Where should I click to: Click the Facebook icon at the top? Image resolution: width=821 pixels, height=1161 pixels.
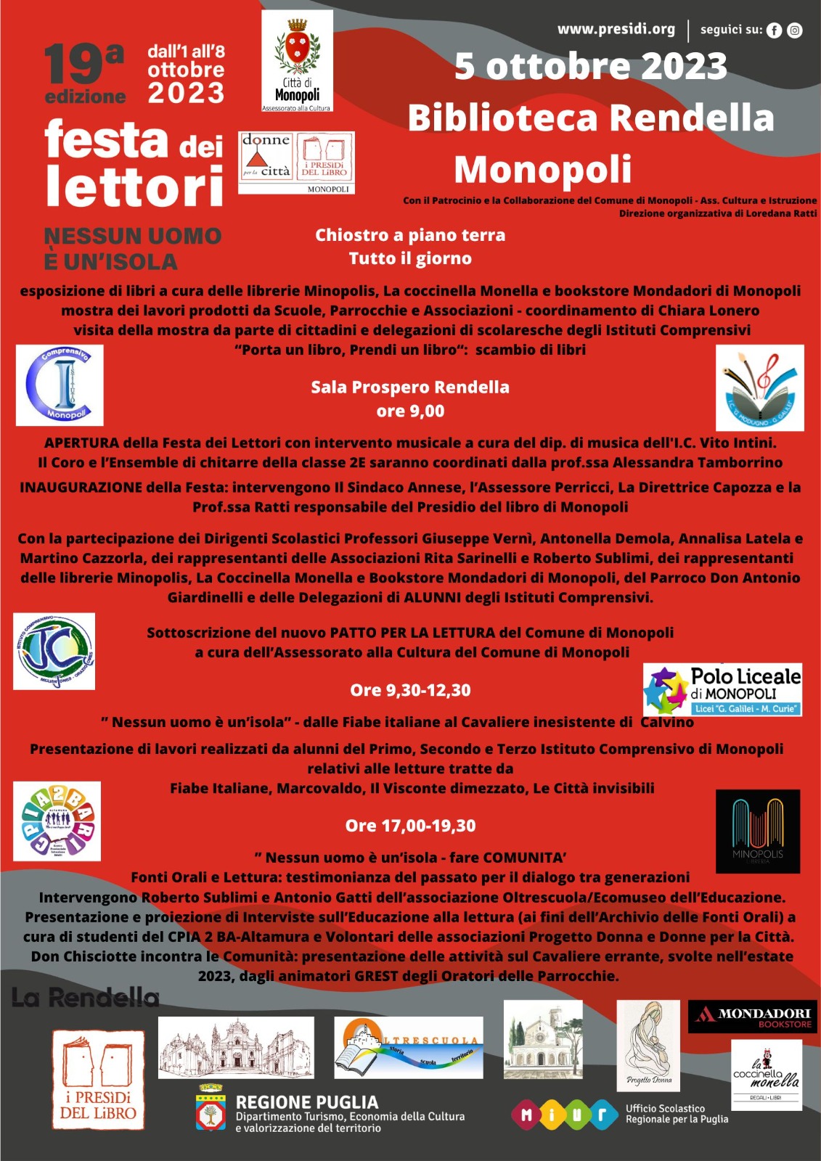(775, 30)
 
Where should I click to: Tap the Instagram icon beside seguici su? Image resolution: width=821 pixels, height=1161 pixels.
(795, 30)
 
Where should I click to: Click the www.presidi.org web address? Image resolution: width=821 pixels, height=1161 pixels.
(616, 29)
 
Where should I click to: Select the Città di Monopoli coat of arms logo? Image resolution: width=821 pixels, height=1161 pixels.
(297, 60)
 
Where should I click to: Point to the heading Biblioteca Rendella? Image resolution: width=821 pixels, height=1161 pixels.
(591, 118)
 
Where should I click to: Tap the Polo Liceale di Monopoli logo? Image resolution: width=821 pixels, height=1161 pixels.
(722, 689)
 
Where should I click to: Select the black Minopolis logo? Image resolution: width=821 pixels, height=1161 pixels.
(757, 830)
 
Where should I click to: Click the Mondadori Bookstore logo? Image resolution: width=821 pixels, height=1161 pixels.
(752, 1017)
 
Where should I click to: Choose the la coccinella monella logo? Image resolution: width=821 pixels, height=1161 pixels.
(766, 1075)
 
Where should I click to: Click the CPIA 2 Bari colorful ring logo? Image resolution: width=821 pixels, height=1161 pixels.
(57, 821)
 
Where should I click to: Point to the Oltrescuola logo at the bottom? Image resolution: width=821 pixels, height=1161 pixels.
(408, 1047)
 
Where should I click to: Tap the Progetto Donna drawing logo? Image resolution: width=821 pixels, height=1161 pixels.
(648, 1046)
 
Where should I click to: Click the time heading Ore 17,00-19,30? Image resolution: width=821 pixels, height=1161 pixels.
(410, 826)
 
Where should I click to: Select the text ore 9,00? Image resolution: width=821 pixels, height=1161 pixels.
(410, 411)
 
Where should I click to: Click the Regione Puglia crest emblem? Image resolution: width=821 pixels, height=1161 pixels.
(211, 1108)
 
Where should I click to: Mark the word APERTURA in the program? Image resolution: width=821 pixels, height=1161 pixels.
(81, 443)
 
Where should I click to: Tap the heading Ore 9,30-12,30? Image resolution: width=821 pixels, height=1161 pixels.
(410, 690)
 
